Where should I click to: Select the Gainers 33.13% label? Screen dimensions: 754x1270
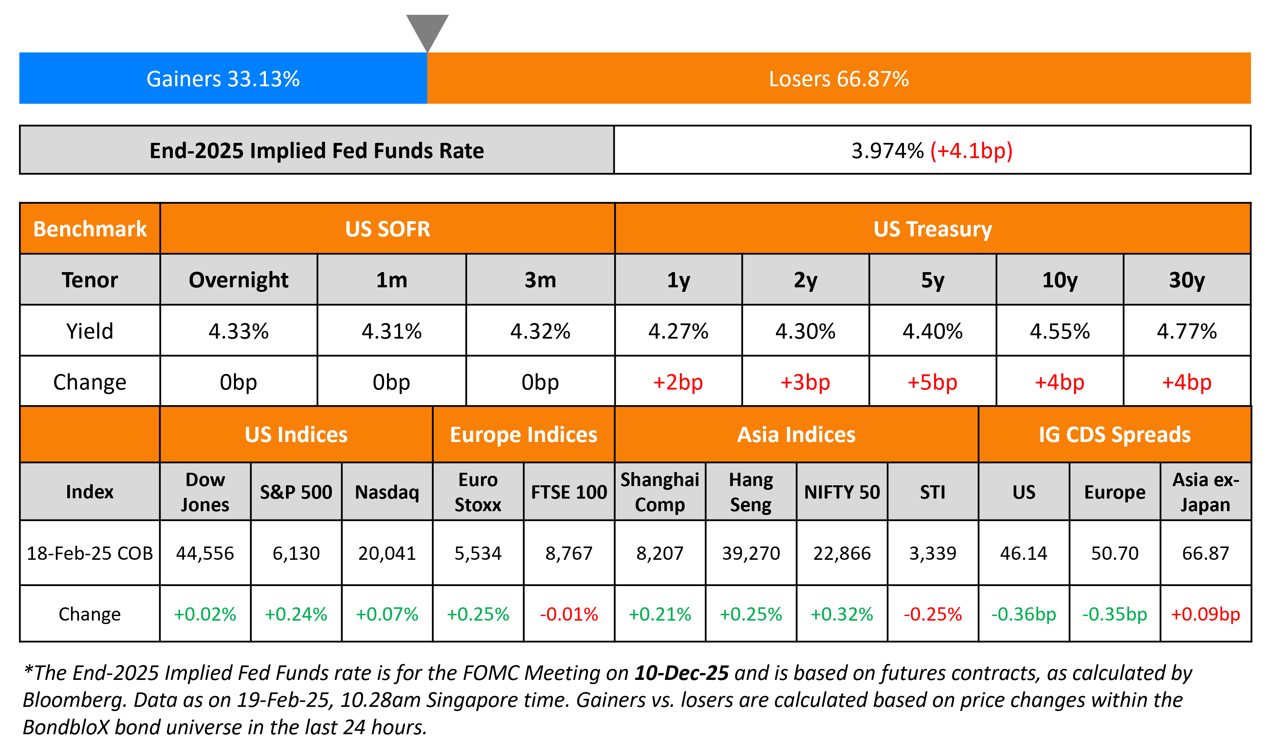[223, 79]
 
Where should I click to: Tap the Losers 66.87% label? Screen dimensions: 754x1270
[839, 79]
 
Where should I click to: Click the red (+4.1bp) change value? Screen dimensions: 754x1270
[971, 150]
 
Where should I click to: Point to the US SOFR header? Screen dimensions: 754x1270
[387, 229]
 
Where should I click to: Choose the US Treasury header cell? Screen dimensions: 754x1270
[932, 229]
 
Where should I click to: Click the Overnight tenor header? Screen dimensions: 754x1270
[238, 280]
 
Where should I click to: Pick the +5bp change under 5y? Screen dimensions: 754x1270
[932, 382]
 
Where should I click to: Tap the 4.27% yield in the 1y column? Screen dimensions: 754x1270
[678, 331]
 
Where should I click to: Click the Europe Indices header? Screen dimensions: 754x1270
[523, 434]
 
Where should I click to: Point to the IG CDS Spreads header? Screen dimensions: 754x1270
[1114, 434]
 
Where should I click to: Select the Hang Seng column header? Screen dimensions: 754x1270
[751, 492]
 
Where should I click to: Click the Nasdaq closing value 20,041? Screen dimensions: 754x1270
[387, 553]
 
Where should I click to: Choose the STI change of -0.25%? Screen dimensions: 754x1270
[932, 614]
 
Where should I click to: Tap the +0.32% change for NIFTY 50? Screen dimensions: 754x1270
[842, 614]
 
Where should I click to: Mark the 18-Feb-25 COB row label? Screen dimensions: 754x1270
[90, 553]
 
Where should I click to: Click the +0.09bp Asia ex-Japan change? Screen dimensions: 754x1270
[1205, 614]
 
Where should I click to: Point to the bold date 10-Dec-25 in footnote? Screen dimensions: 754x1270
[681, 673]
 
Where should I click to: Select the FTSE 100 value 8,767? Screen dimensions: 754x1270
[569, 553]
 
